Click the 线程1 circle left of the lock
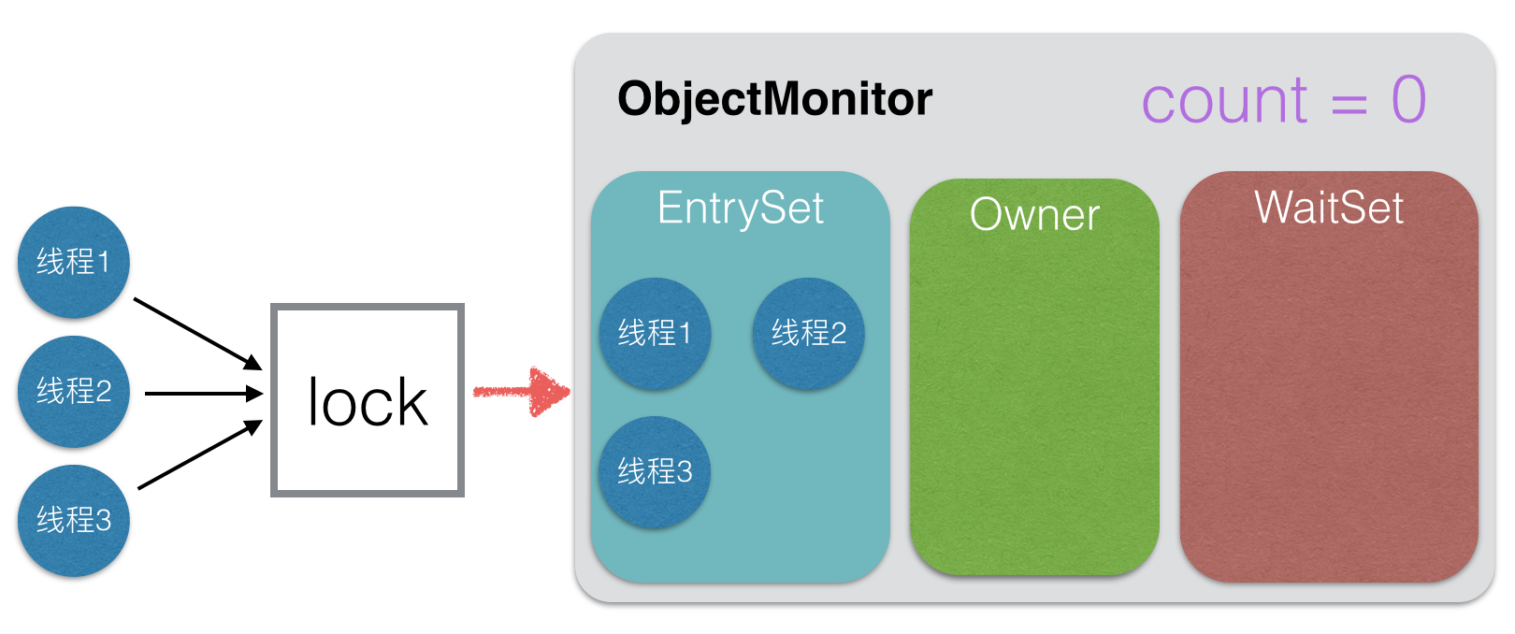click(74, 263)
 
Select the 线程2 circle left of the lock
click(74, 392)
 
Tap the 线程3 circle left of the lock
click(74, 521)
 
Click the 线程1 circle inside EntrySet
click(655, 334)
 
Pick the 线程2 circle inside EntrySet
click(809, 334)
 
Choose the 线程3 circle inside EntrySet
click(655, 472)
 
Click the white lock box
click(368, 400)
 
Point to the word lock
click(368, 402)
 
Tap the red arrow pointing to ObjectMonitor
click(522, 392)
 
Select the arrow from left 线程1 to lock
click(197, 334)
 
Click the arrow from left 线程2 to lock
click(204, 393)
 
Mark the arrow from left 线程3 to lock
click(199, 454)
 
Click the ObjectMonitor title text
click(775, 99)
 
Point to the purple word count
click(1224, 101)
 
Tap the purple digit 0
click(1408, 99)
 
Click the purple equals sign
click(1349, 104)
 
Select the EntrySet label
click(741, 208)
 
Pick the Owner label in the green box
click(1035, 214)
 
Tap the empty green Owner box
click(1035, 399)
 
